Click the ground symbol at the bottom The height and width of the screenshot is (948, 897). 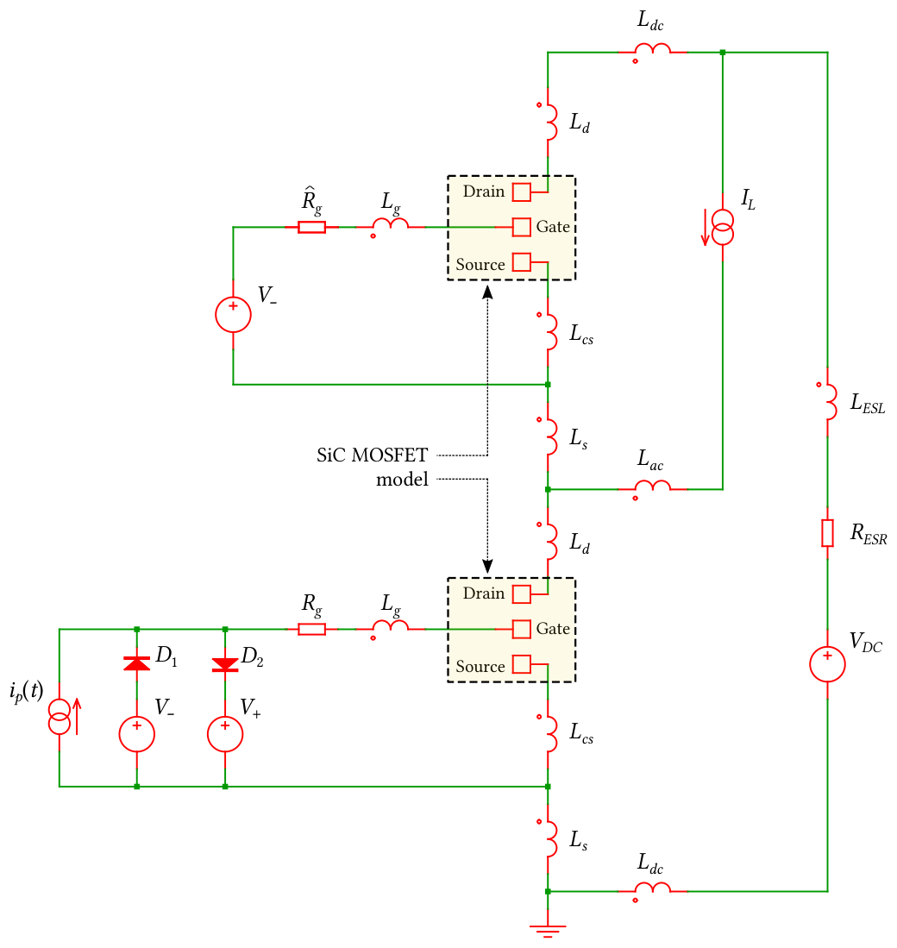(x=548, y=931)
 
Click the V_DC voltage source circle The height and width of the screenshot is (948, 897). (x=827, y=664)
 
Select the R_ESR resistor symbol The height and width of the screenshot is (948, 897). (x=827, y=532)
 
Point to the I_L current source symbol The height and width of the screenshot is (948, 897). (x=723, y=228)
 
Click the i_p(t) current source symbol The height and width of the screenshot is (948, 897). (x=60, y=717)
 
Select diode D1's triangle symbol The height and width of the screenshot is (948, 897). (x=136, y=663)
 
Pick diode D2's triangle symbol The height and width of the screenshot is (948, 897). (x=225, y=664)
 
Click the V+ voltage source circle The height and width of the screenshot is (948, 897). (x=225, y=734)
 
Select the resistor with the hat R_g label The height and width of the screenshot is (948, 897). (x=312, y=228)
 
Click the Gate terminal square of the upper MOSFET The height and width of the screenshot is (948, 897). (x=522, y=228)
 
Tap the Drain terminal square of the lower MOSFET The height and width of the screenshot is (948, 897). (x=522, y=594)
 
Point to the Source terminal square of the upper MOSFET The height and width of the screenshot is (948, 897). (x=522, y=262)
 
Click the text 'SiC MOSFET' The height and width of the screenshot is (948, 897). (x=373, y=455)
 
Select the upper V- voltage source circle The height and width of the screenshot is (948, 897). (x=234, y=314)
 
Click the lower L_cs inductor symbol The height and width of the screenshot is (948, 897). (x=550, y=733)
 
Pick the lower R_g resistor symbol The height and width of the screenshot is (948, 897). (x=312, y=630)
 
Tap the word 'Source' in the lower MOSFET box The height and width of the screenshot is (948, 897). (x=480, y=666)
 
